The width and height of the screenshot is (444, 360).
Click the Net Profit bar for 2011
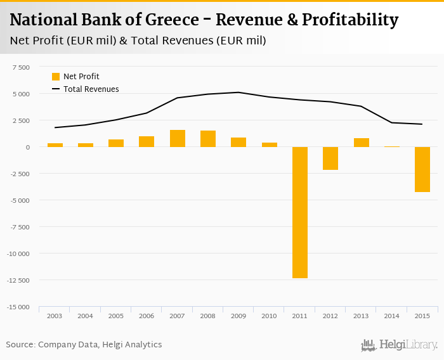299,212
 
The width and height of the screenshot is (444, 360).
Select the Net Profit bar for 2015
422,169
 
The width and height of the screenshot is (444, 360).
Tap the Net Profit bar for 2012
330,158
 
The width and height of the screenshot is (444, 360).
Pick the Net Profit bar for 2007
177,138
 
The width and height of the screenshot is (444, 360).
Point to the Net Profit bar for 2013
361,143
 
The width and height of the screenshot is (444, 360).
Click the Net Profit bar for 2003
55,145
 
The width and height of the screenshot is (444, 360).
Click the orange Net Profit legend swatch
56,77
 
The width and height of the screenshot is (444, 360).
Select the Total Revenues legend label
91,89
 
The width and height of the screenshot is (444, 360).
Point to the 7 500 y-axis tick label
20,67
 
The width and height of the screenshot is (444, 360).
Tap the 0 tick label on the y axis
27,147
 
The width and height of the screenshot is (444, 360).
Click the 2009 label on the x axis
238,316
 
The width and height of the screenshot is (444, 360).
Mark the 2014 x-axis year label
391,316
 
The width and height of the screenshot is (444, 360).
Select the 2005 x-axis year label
116,316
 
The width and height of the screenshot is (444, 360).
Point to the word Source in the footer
20,345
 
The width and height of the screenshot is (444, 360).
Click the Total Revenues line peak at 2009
238,93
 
